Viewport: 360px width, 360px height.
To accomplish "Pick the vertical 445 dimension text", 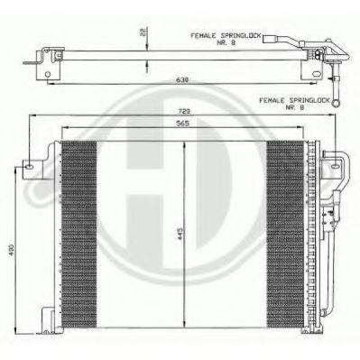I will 180,237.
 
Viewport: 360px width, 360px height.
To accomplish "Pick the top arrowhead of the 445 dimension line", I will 184,143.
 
